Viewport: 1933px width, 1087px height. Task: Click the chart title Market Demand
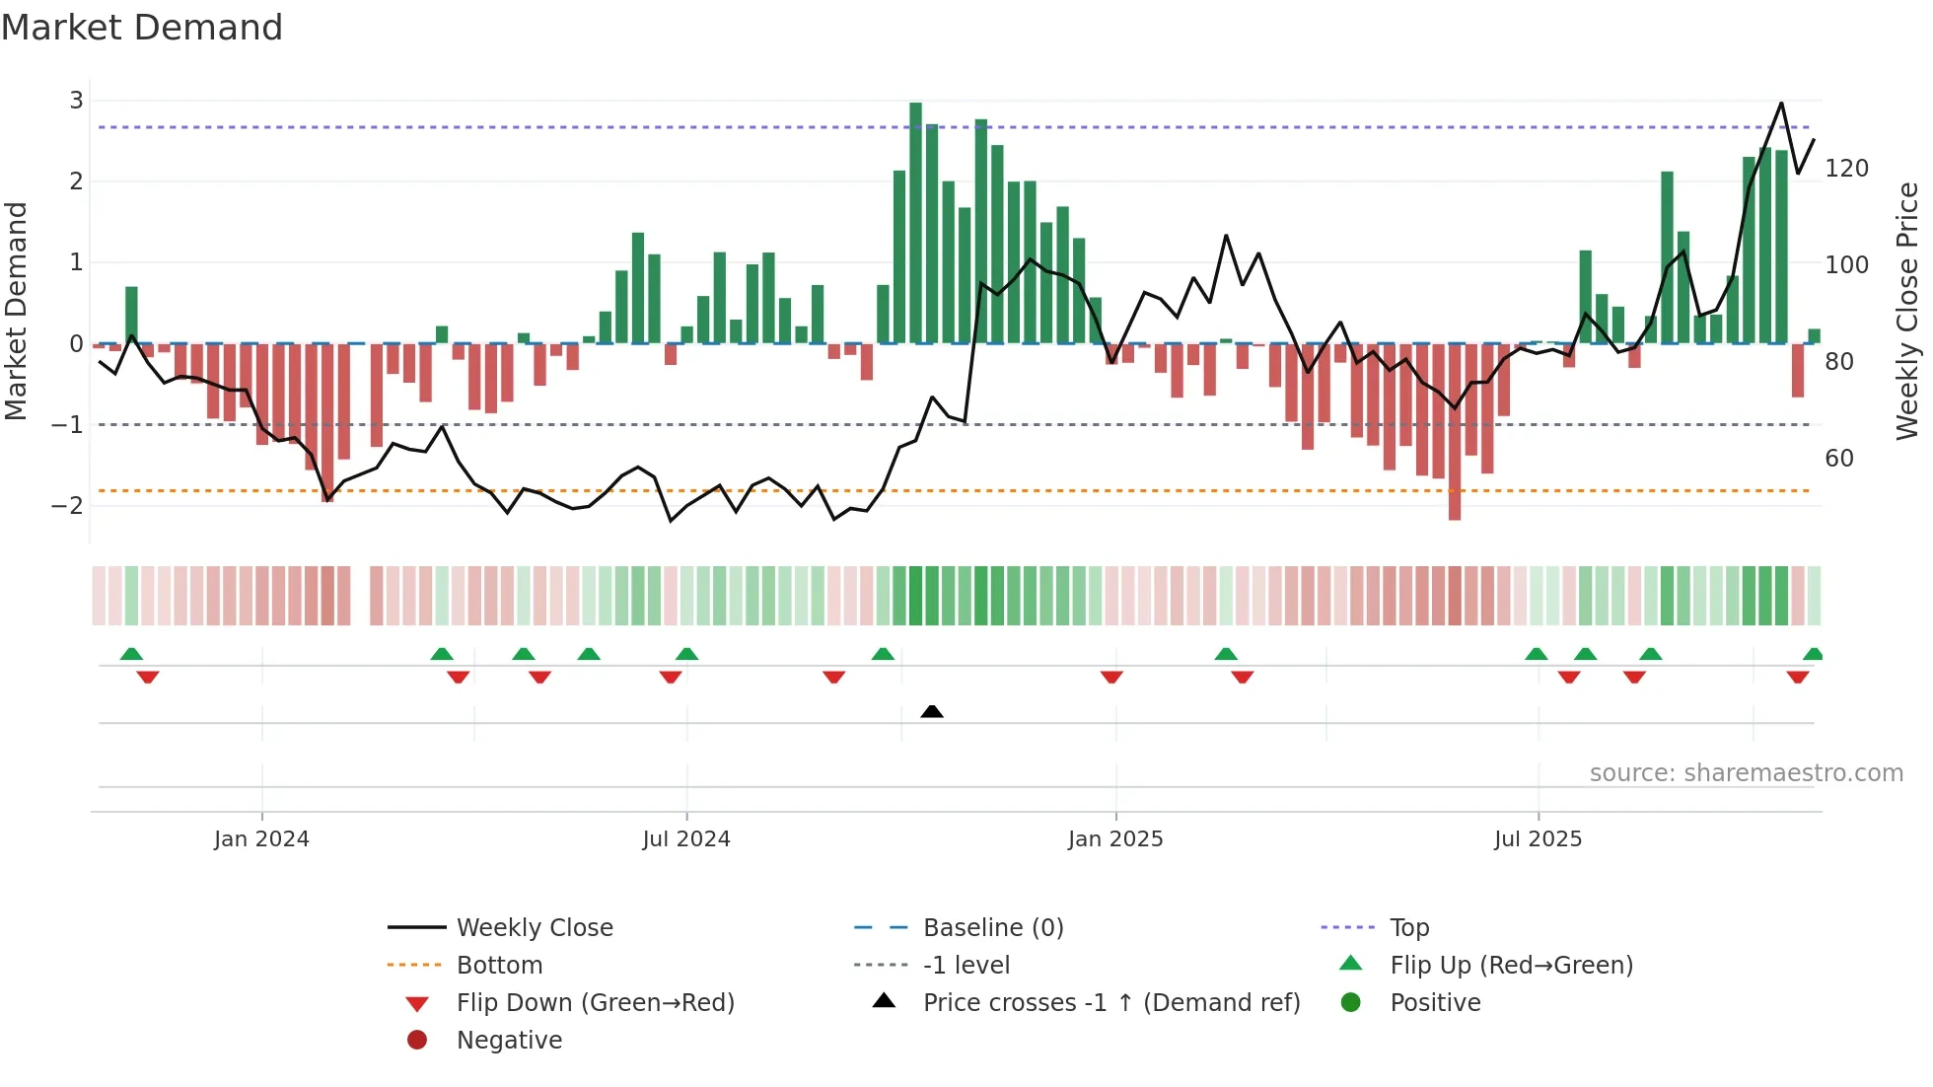point(142,28)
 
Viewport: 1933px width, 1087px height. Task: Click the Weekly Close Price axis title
point(1907,311)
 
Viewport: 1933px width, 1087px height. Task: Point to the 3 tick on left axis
point(76,100)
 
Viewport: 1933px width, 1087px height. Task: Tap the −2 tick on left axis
point(68,505)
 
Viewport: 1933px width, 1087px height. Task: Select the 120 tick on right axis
point(1846,169)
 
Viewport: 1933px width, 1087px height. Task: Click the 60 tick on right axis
point(1838,458)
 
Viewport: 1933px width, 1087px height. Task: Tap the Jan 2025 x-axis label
point(1115,839)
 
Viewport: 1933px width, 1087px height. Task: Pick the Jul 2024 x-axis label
point(686,839)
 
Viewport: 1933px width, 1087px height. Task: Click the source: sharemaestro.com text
point(1746,773)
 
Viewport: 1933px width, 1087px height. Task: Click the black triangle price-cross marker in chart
point(932,711)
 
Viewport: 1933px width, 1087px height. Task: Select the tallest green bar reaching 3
point(915,222)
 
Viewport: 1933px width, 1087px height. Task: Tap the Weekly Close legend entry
point(534,927)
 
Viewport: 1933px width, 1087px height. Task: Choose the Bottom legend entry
point(499,965)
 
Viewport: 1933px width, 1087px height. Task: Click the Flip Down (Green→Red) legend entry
point(595,1002)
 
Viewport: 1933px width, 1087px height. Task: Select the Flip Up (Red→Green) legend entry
point(1511,965)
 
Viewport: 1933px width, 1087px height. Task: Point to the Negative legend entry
point(509,1040)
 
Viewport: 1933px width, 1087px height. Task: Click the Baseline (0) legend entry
point(992,927)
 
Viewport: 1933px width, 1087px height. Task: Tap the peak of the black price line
point(1781,104)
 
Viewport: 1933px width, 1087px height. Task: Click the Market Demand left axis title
point(16,311)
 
